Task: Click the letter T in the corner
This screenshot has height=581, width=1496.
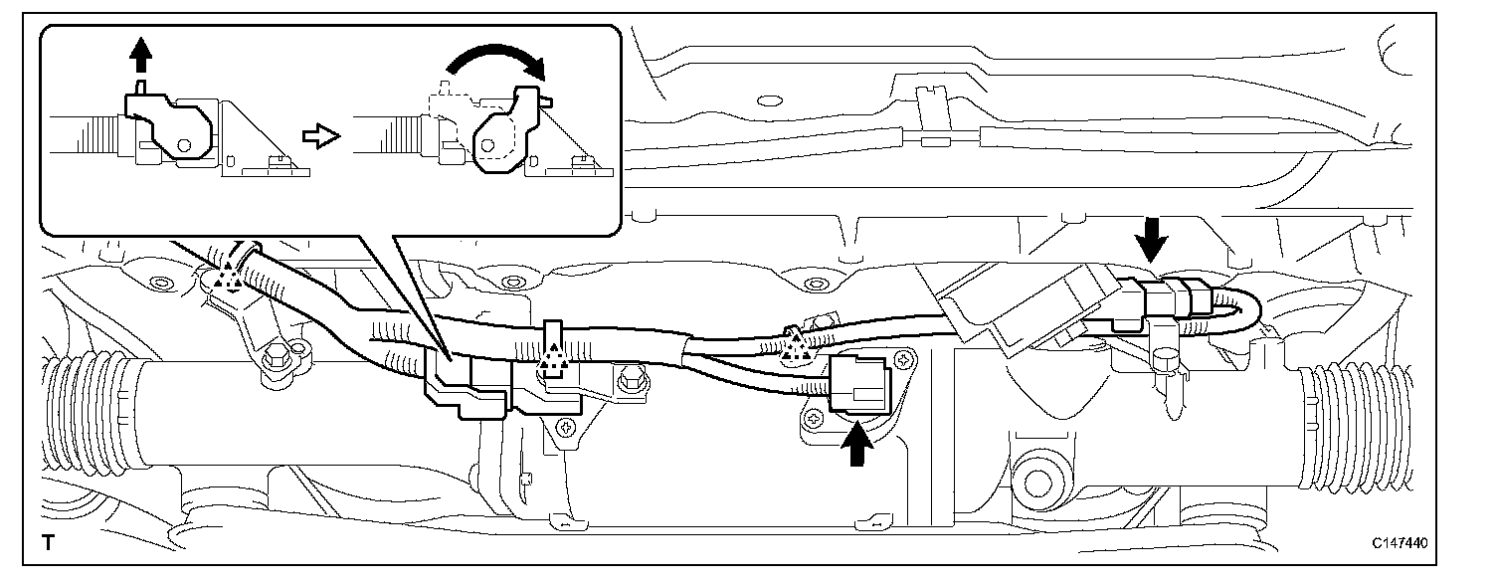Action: [47, 543]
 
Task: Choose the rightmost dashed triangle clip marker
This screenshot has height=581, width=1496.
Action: [795, 344]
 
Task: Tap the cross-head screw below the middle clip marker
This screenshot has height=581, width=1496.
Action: [566, 429]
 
